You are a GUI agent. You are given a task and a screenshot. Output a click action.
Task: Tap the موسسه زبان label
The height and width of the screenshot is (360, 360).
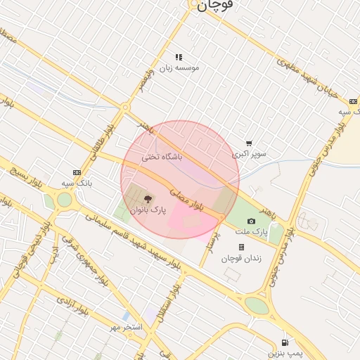coord(179,67)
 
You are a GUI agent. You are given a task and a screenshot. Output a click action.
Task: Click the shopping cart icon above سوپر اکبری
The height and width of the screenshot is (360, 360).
coord(249,143)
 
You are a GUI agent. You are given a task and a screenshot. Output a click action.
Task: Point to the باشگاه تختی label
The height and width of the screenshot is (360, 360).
coord(162,157)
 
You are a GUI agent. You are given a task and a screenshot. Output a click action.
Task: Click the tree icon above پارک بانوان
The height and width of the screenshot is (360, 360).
coord(148,200)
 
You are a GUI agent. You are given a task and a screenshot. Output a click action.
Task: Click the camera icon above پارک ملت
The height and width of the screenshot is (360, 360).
coord(251,221)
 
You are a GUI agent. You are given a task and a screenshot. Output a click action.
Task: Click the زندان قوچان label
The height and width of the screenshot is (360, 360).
coord(241,258)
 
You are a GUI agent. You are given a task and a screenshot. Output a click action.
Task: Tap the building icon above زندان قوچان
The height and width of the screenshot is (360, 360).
coord(242,247)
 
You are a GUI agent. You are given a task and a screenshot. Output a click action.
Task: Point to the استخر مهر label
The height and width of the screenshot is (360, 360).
coord(126,328)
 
